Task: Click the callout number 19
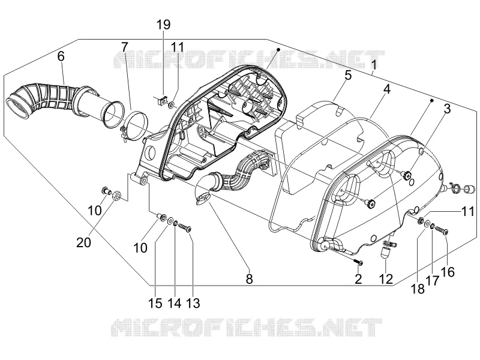click(163, 25)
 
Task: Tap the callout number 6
click(61, 56)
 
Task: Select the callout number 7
click(124, 47)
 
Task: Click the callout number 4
click(387, 89)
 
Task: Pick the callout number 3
click(447, 109)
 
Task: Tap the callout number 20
click(83, 242)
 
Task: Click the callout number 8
click(250, 279)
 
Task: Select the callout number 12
click(386, 279)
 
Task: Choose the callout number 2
click(358, 279)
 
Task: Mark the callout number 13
click(193, 303)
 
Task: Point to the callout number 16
click(448, 272)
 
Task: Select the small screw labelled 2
click(358, 262)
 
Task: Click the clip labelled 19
click(163, 100)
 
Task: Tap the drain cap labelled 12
click(385, 253)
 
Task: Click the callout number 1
click(373, 65)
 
